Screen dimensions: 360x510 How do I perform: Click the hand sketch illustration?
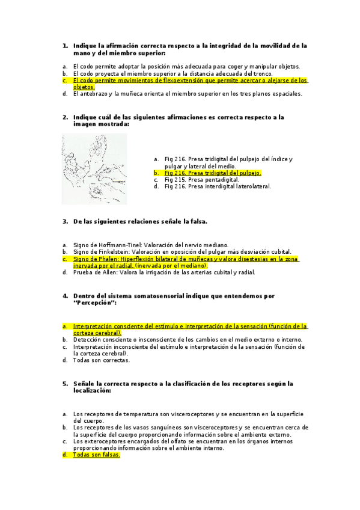coord(94,169)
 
